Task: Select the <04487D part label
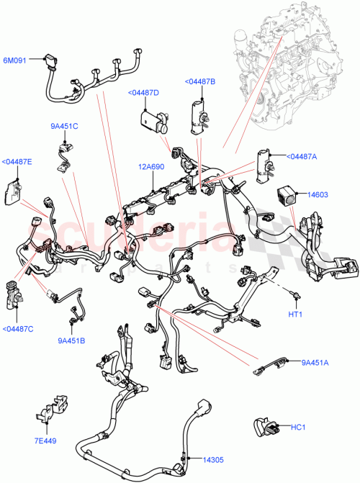point(144,93)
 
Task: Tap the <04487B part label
point(199,82)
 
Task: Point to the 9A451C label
point(64,127)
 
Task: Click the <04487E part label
point(17,161)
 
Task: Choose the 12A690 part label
point(152,166)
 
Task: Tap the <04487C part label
point(17,329)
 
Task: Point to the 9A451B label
point(71,340)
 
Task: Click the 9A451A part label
point(315,362)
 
